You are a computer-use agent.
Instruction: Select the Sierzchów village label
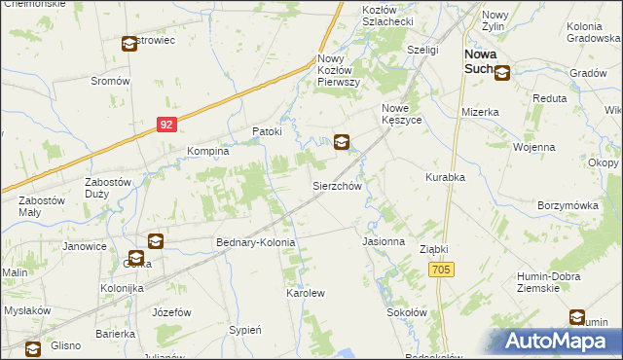click(337, 186)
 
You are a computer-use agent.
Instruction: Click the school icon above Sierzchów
click(342, 143)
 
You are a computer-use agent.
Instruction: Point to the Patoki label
click(267, 131)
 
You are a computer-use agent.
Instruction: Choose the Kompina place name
click(208, 152)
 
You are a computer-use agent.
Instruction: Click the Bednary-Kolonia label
click(255, 241)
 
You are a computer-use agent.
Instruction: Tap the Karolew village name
click(304, 292)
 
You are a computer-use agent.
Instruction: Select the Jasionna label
click(383, 240)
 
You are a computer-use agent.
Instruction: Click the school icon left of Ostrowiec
click(129, 44)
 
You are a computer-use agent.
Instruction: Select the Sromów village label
click(110, 82)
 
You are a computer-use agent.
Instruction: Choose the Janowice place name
click(85, 246)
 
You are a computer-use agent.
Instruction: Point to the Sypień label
click(244, 330)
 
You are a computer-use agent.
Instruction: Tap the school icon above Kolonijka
click(155, 241)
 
